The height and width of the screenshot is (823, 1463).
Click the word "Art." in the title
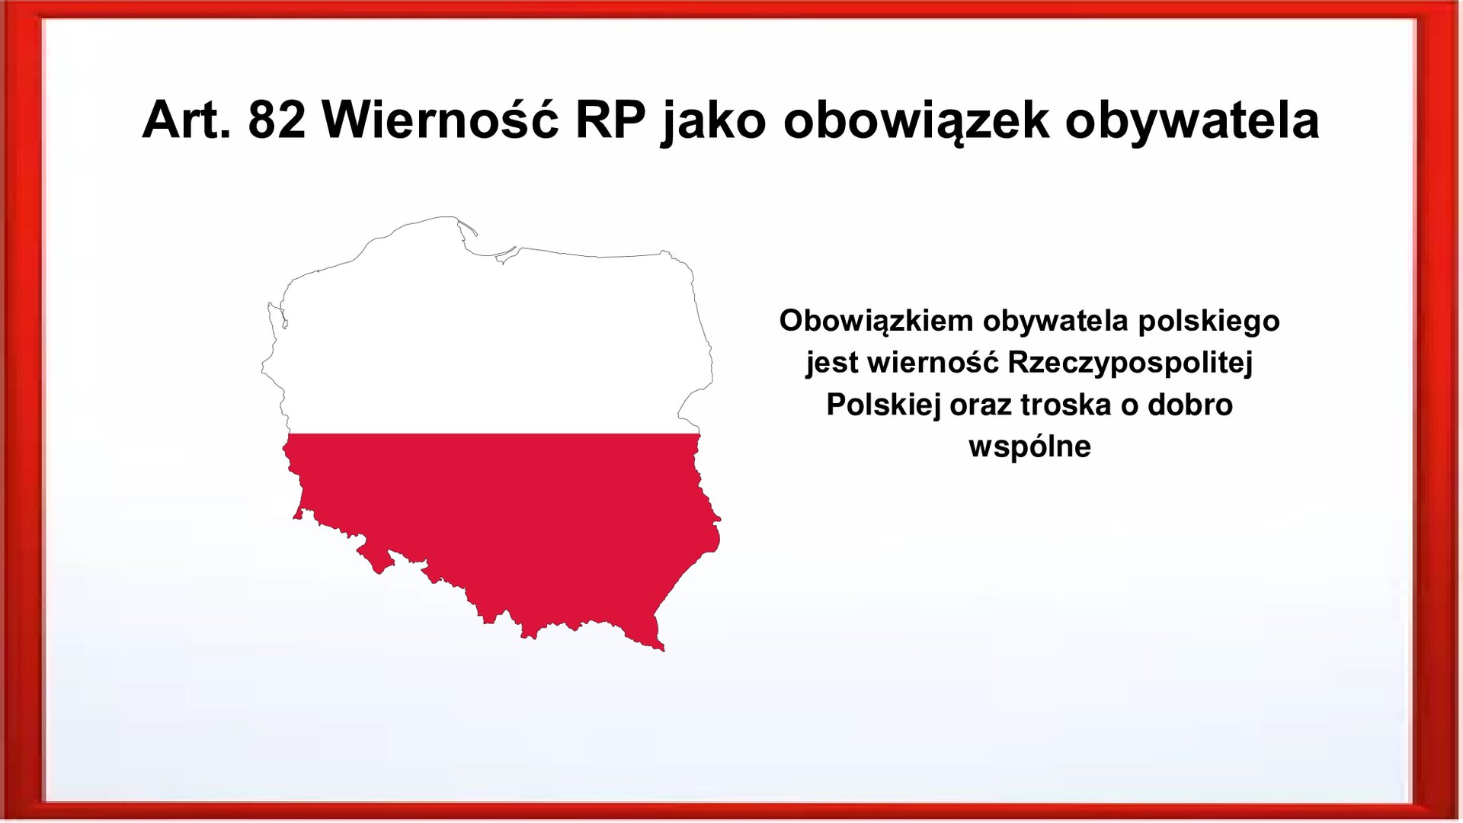pos(186,120)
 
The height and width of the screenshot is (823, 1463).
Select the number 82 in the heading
pos(277,120)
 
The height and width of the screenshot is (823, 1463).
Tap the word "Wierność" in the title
pos(440,120)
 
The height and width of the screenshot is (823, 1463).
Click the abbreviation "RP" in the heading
pos(610,120)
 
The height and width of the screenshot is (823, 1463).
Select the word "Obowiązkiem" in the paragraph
pos(876,322)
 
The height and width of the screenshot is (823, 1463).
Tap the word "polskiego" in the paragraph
pos(1208,322)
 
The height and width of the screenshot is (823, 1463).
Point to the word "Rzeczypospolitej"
pos(1130,363)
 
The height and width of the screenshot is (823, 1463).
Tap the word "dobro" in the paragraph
pos(1190,405)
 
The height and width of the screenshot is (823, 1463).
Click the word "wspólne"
pos(1030,447)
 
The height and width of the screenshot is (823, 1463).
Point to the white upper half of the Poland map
pos(488,343)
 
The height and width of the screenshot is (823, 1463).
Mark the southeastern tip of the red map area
pos(661,648)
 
